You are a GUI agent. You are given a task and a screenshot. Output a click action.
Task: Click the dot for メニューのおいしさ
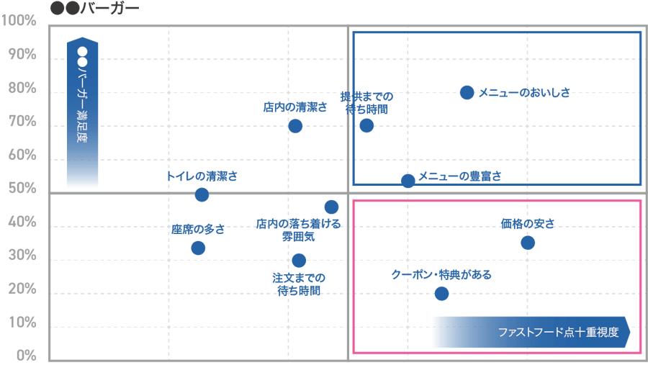(467, 92)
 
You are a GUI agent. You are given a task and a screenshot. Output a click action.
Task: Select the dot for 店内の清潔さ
(294, 126)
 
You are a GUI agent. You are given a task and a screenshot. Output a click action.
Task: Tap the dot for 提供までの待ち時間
(366, 125)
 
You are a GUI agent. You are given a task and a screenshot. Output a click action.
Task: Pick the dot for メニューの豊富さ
(408, 180)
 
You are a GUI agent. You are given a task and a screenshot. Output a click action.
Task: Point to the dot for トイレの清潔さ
(202, 194)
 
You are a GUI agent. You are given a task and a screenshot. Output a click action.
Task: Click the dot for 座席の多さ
(198, 248)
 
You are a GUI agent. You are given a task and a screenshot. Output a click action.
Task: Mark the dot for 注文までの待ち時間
(299, 260)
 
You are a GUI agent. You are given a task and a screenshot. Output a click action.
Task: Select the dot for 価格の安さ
(528, 243)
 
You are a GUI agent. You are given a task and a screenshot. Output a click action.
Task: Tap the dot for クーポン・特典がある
(441, 293)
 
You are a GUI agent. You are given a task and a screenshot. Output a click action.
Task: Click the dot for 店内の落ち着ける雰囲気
(331, 207)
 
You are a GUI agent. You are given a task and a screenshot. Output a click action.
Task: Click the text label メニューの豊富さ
(460, 175)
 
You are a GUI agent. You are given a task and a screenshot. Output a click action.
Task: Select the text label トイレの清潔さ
(202, 176)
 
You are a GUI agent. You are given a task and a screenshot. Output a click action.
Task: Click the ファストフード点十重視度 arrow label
(531, 333)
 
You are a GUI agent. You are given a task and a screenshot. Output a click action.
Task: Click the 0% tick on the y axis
(26, 356)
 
